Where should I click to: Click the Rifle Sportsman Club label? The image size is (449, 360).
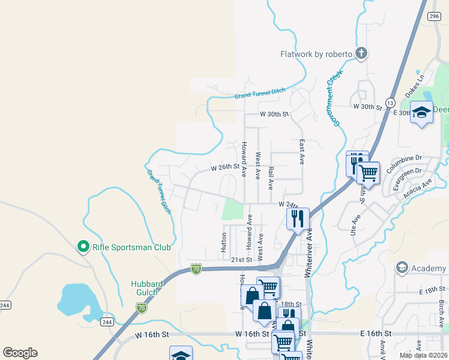click(x=131, y=247)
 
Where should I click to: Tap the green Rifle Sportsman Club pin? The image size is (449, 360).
click(x=83, y=247)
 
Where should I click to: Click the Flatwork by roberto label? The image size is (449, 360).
click(x=316, y=54)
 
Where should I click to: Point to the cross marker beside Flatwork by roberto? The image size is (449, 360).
click(x=361, y=54)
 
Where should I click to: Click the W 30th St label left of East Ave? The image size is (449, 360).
click(x=274, y=113)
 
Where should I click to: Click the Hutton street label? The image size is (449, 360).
click(x=223, y=242)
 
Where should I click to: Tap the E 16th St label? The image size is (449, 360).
click(x=376, y=333)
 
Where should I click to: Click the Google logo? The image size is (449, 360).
click(x=20, y=353)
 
